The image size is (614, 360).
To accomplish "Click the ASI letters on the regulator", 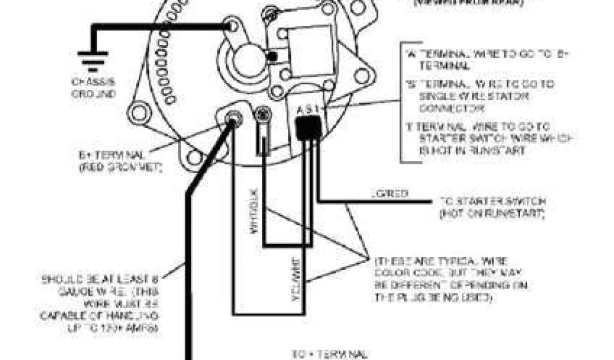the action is (310, 110).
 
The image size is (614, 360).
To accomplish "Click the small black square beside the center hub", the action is (273, 57).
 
